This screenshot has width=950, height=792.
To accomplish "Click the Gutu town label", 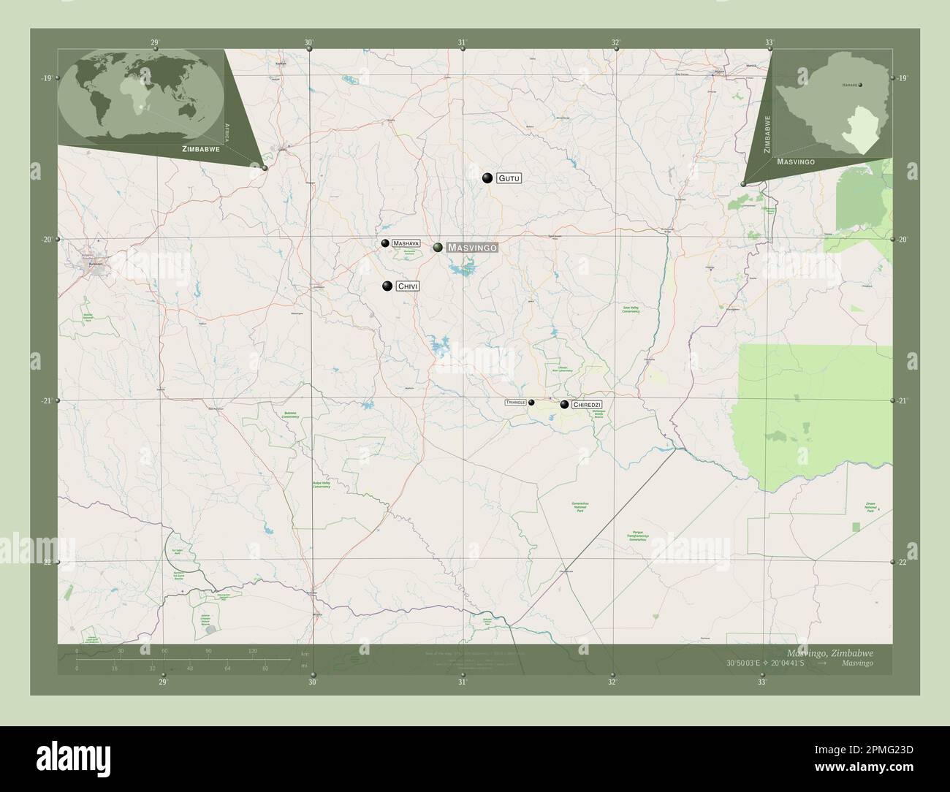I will [x=509, y=178].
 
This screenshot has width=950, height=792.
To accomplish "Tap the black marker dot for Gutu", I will [x=487, y=178].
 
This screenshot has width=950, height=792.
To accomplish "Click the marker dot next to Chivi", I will [x=387, y=286].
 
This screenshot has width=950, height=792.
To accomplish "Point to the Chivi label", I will [x=408, y=287].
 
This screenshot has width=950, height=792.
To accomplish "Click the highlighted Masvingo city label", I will [x=472, y=248].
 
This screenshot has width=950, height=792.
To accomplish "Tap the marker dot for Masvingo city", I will [x=438, y=248].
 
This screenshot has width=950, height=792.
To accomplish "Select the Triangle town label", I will [x=515, y=403].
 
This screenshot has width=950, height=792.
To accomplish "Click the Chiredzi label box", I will [x=588, y=404].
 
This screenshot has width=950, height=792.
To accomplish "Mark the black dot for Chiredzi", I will [x=564, y=404].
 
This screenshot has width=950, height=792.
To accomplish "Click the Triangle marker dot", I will [x=531, y=403].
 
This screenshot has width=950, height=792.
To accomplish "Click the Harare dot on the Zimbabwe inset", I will [x=861, y=85].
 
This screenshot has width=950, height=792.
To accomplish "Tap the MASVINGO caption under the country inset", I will [x=796, y=161].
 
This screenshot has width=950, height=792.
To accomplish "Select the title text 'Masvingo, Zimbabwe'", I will [x=829, y=652].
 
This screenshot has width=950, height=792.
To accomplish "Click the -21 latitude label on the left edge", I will [x=47, y=401].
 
